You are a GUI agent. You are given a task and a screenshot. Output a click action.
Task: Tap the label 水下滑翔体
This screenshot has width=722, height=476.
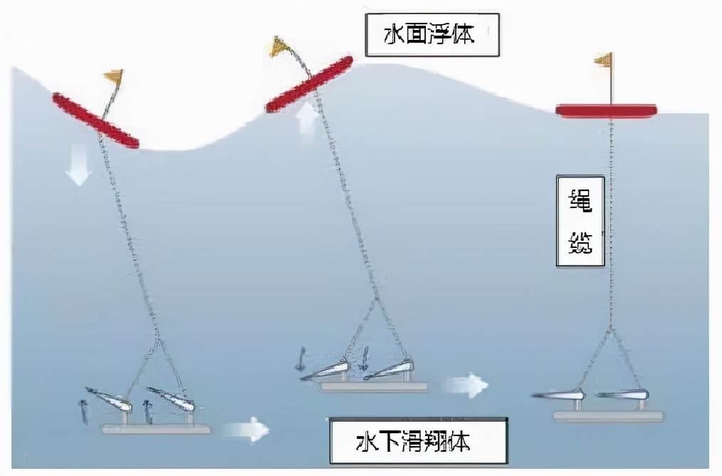(419, 442)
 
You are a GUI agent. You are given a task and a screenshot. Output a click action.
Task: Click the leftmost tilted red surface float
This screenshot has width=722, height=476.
(95, 120)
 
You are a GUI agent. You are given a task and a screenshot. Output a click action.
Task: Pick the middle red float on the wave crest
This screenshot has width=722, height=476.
(309, 85)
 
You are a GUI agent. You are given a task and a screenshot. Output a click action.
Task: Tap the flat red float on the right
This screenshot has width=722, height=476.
(606, 110)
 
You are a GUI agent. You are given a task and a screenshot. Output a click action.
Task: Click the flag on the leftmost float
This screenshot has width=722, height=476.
(113, 76)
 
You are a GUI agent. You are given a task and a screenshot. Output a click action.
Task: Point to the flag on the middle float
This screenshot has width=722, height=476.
(278, 47)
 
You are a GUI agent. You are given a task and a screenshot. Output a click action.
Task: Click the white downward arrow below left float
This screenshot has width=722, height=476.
(79, 168)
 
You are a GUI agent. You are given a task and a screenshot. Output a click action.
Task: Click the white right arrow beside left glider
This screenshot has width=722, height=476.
(245, 429)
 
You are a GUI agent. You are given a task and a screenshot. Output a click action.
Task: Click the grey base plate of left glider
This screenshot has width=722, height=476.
(156, 429)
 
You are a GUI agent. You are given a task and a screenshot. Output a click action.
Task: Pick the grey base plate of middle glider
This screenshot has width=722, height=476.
(373, 386)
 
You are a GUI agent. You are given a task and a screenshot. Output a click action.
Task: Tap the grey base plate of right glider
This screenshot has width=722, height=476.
(609, 416)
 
